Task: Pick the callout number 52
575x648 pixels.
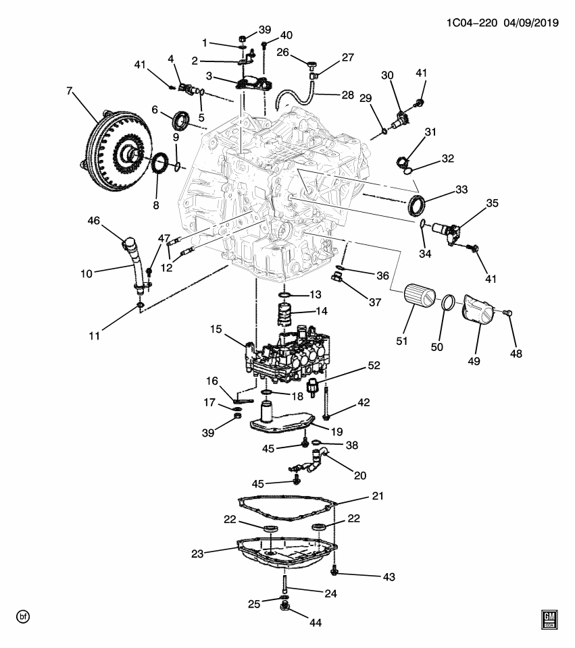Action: tap(374, 365)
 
